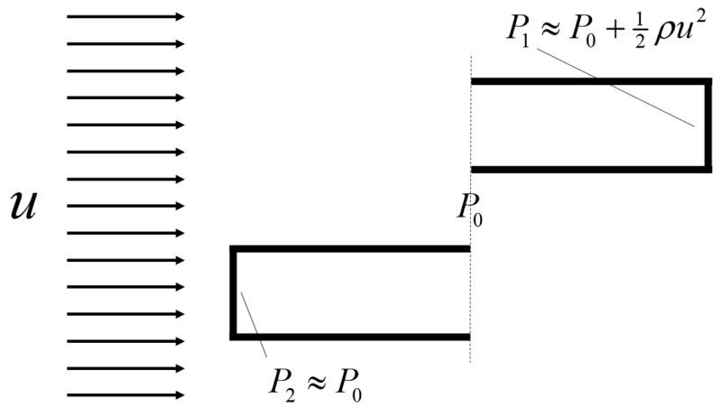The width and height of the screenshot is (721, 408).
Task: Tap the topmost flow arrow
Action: click(x=125, y=16)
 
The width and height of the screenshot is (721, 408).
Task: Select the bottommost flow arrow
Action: click(x=125, y=395)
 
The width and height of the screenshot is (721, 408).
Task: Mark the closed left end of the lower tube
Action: click(x=233, y=292)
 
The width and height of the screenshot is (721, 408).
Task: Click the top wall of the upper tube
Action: click(x=587, y=81)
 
